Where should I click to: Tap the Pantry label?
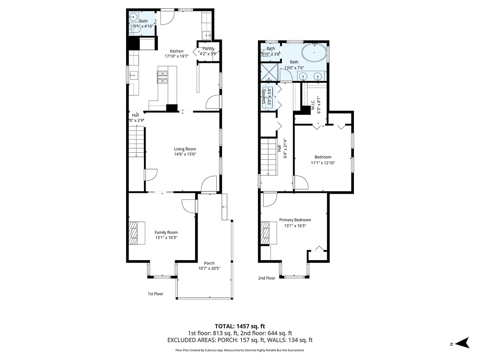[x=208, y=48]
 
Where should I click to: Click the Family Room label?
[x=166, y=232]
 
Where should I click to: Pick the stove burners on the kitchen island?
[x=162, y=77]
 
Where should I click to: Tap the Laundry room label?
[x=264, y=96]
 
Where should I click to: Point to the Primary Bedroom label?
[x=295, y=220]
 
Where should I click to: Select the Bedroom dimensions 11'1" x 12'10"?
[x=322, y=163]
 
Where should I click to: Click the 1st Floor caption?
[x=155, y=294]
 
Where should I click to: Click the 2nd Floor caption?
[x=267, y=278]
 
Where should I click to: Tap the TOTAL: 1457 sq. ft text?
[x=240, y=326]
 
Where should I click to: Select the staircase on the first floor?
[x=137, y=142]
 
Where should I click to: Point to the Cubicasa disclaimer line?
[x=240, y=350]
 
